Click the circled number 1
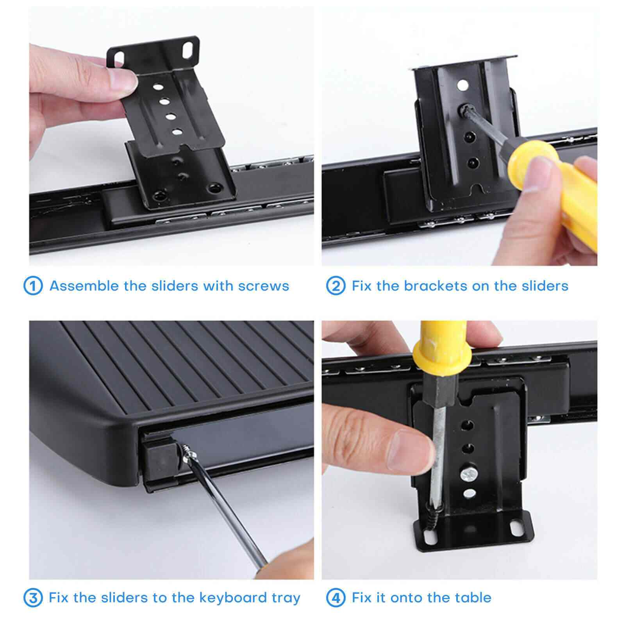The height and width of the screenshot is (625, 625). point(33,286)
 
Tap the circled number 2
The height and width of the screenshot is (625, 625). point(336,286)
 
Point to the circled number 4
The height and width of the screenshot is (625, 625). point(336,598)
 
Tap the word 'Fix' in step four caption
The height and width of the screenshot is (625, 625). point(361,598)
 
